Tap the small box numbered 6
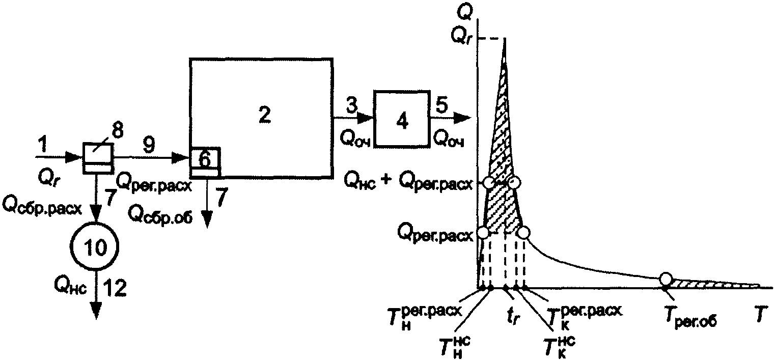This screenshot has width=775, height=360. click(x=205, y=159)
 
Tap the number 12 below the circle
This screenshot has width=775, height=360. click(x=115, y=289)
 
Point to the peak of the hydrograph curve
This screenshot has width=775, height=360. click(x=505, y=40)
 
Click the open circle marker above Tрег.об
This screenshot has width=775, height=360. click(x=665, y=279)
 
